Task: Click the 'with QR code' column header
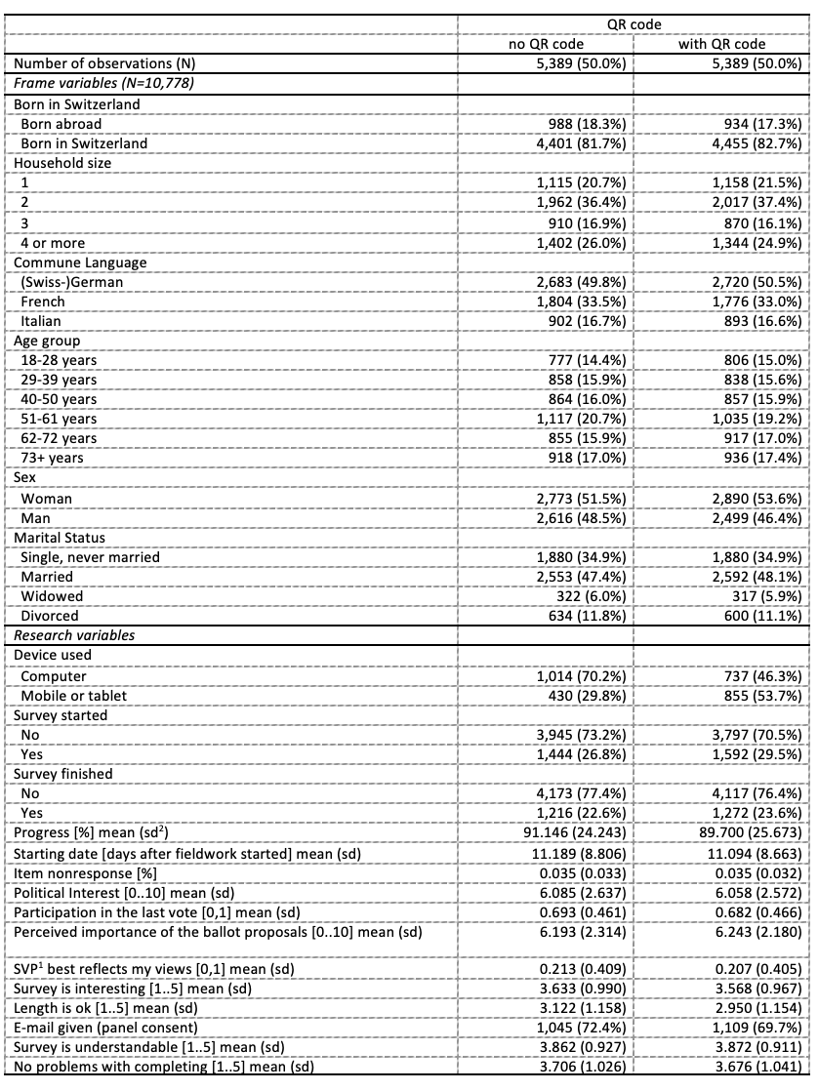721,44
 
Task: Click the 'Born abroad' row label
61,124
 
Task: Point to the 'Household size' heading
62,163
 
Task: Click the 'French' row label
43,302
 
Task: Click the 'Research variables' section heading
74,635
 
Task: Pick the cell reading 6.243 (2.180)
755,933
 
